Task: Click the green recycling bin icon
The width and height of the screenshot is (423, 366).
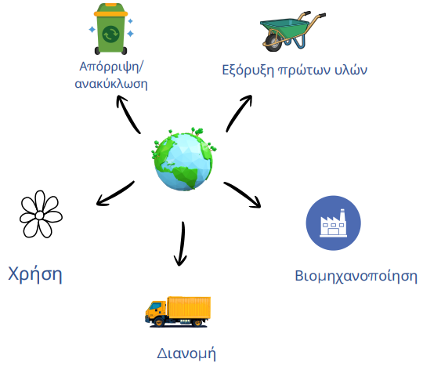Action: tap(110, 29)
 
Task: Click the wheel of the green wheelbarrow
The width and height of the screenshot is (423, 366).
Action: tap(273, 42)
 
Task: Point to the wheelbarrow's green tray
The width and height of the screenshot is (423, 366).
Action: tap(284, 27)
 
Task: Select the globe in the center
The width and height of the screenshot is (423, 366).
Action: tap(184, 159)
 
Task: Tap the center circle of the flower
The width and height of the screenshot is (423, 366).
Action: tap(39, 216)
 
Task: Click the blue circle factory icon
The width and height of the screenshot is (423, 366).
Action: tap(333, 223)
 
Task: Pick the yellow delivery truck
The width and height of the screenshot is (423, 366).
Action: tap(178, 312)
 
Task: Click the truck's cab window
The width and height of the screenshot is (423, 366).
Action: tap(155, 306)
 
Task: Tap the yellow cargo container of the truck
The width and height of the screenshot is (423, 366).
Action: tap(189, 307)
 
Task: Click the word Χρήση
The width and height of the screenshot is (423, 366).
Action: tap(35, 275)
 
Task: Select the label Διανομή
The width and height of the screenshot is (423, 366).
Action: tap(186, 353)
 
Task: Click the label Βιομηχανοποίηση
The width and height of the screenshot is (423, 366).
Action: tap(356, 276)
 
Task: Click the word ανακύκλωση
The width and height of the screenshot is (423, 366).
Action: tap(111, 84)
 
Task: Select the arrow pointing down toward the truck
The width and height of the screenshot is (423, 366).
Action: tap(181, 244)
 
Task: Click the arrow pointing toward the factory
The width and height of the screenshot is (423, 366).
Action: tap(243, 194)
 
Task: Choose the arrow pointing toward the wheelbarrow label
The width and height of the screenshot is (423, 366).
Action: tap(238, 114)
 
